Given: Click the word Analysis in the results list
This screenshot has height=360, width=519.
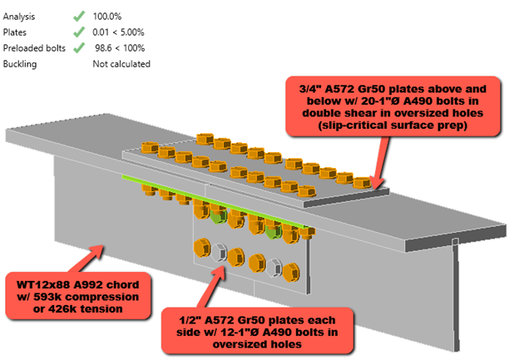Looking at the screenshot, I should click(x=20, y=16).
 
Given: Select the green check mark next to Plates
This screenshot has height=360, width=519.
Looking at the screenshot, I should click(x=79, y=32).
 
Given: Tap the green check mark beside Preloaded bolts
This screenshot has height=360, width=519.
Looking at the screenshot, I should click(x=79, y=47).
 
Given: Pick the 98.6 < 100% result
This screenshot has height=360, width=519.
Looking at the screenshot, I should click(x=121, y=47).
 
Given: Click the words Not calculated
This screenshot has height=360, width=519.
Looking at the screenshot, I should click(x=121, y=63).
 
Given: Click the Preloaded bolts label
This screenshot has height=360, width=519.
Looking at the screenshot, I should click(x=35, y=47).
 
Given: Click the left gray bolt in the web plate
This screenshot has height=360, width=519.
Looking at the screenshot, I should click(x=219, y=251).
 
